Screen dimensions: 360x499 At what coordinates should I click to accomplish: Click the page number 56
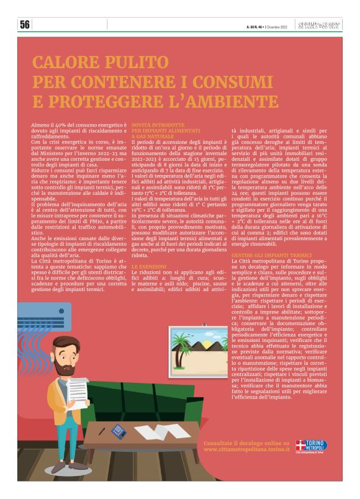coord(25,25)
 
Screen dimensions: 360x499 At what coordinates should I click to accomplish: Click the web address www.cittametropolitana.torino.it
coord(246,449)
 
